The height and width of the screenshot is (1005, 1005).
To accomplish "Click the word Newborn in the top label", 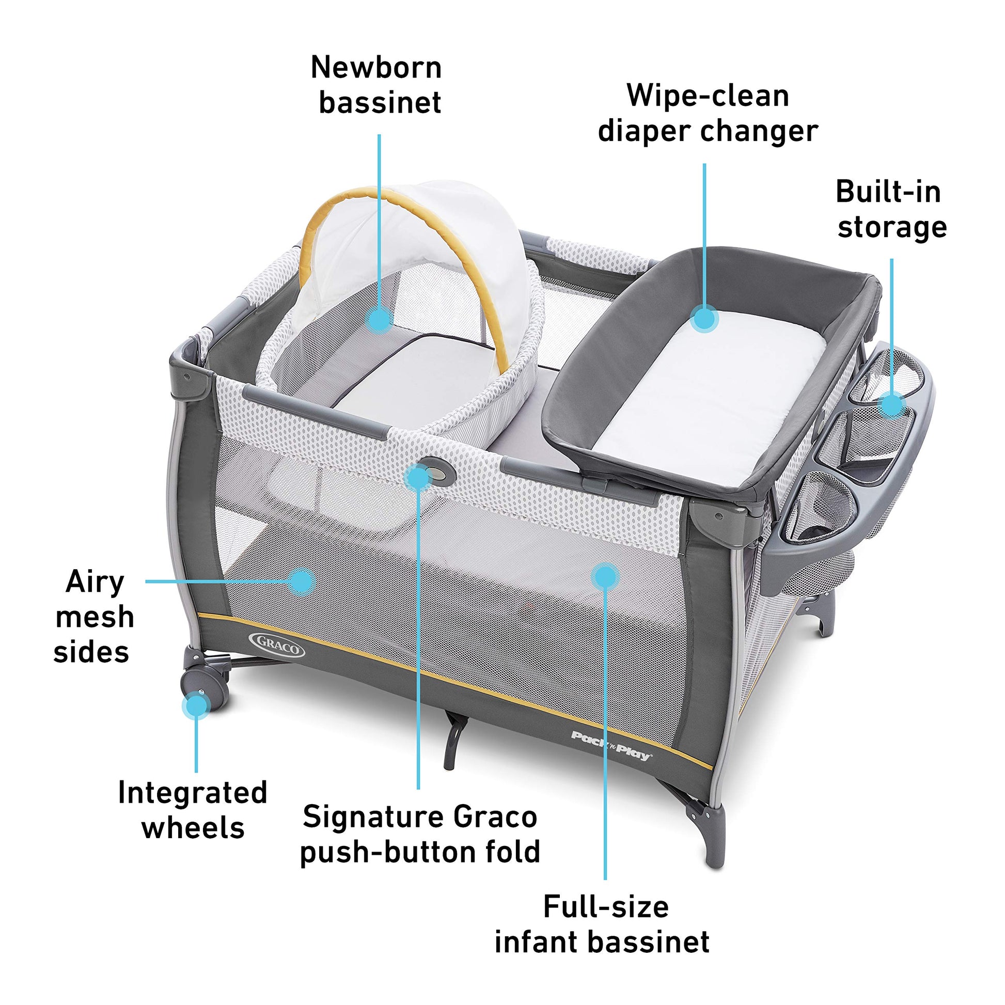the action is tap(376, 68).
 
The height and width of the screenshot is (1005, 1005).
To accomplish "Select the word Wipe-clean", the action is tap(708, 96).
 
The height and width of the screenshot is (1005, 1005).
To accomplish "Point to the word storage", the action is tap(892, 227).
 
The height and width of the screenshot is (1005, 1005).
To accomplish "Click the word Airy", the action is tap(95, 583).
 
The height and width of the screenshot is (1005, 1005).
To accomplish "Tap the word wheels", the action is tap(193, 828).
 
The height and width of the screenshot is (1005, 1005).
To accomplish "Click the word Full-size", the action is tap(606, 907).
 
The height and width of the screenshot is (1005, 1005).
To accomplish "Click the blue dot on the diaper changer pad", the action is tap(705, 318).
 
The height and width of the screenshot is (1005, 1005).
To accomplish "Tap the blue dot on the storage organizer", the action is tap(891, 404).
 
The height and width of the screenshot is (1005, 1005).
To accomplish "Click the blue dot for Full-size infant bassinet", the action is tap(605, 576).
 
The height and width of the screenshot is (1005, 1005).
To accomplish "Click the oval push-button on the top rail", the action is tap(437, 470).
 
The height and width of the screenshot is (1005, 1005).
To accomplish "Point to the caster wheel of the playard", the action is tap(205, 688).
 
